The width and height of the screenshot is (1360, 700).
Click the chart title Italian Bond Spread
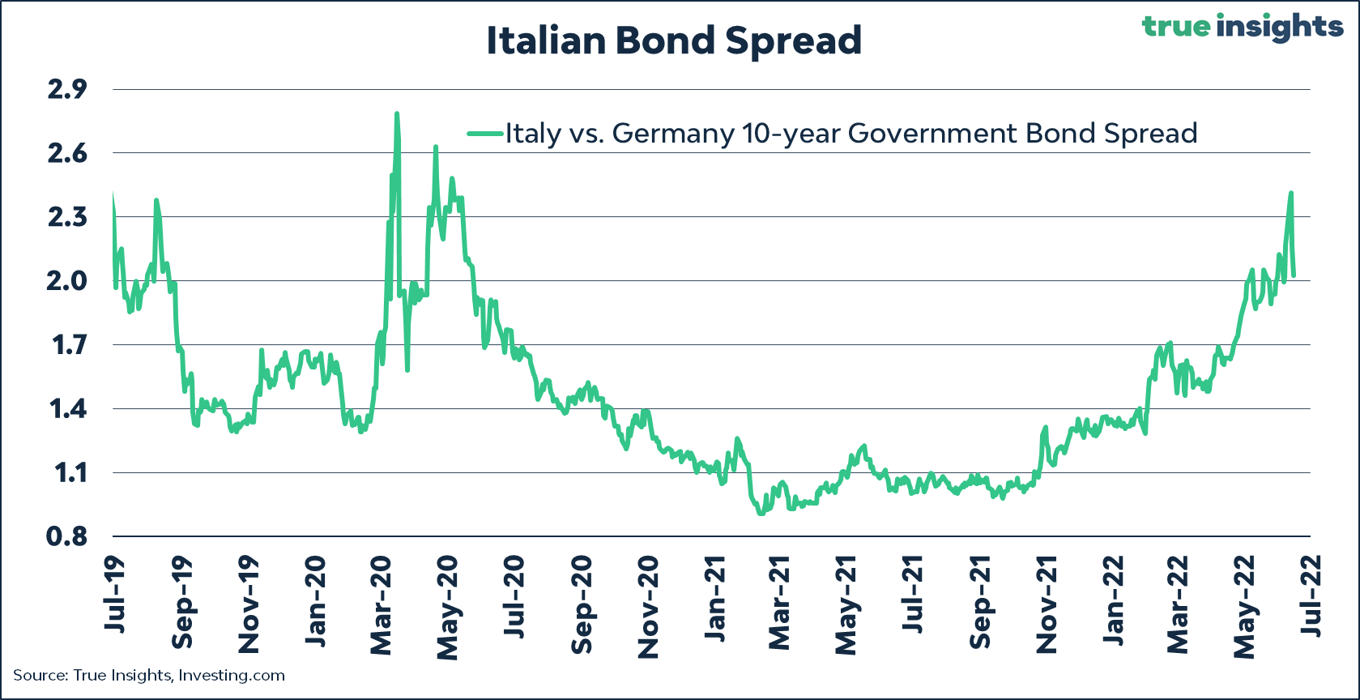click(674, 41)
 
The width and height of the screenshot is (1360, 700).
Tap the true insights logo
click(1243, 27)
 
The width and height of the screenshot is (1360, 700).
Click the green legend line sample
click(485, 134)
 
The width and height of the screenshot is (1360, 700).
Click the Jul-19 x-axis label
click(114, 595)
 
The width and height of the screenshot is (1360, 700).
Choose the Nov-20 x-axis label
click(648, 607)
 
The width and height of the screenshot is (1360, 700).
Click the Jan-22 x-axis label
click(1114, 600)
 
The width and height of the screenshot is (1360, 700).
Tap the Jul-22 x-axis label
click(1312, 595)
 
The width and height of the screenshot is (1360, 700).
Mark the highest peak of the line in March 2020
click(397, 114)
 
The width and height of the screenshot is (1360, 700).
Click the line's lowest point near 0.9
click(760, 514)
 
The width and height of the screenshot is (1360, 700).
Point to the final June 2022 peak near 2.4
click(1290, 193)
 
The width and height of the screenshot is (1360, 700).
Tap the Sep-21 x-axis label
click(980, 602)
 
